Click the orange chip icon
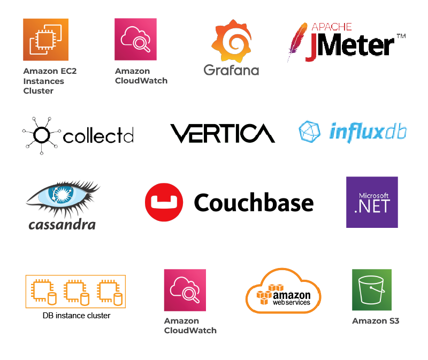[x=45, y=41]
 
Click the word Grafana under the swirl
[x=232, y=71]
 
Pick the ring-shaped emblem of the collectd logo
[x=42, y=135]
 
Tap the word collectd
[x=97, y=137]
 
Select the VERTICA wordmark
[x=221, y=134]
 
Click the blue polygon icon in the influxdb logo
[x=310, y=133]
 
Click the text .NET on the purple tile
[x=372, y=206]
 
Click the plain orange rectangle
[x=94, y=293]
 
